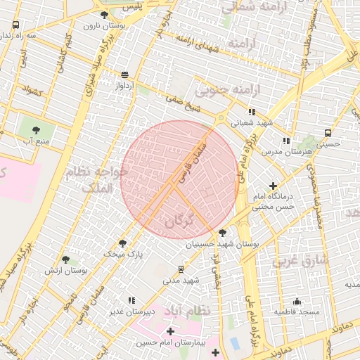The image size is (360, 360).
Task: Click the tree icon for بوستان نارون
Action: click(105, 15)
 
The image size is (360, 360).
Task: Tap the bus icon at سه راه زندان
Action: click(15, 25)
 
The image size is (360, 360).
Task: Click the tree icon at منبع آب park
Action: click(33, 129)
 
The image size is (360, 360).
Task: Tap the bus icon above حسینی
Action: click(328, 133)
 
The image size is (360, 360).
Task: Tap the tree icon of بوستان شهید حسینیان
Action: click(223, 233)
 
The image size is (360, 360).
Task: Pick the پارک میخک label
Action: click(123, 253)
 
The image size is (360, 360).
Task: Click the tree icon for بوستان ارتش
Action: click(65, 259)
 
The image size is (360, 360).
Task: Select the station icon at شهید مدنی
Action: click(181, 269)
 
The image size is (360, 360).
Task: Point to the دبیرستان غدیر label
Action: click(131, 311)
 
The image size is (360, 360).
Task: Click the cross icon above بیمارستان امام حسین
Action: click(170, 330)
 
